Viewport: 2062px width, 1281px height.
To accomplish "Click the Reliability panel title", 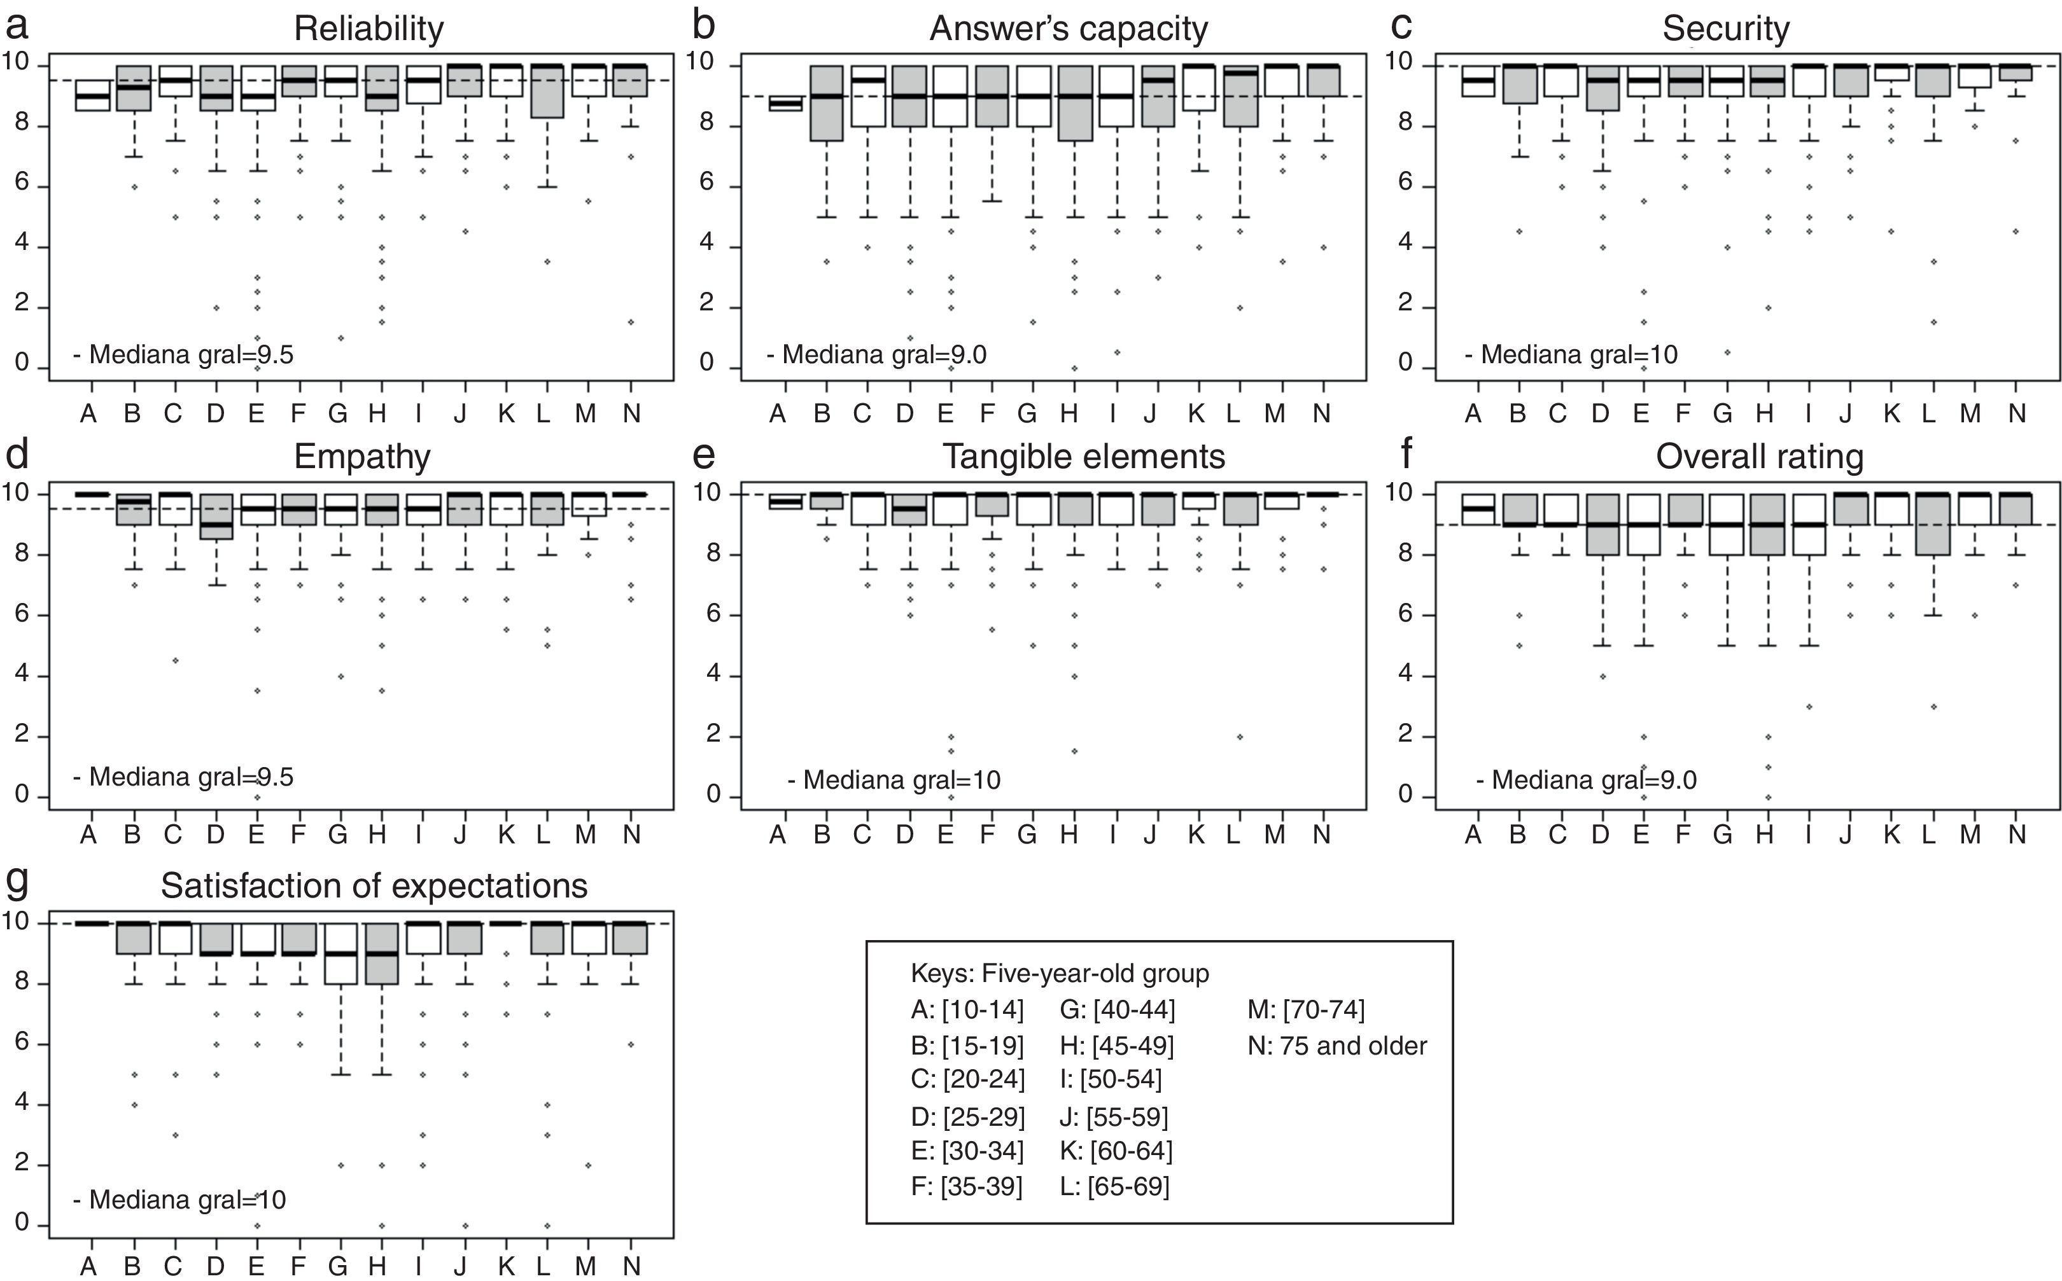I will [368, 29].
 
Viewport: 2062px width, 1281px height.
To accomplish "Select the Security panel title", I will [1725, 29].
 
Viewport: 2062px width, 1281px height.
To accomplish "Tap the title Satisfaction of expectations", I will [374, 886].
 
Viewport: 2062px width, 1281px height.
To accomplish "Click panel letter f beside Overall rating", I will [1406, 454].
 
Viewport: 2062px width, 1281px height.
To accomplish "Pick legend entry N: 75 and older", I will [1336, 1046].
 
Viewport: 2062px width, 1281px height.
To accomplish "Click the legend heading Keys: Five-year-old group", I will [1060, 973].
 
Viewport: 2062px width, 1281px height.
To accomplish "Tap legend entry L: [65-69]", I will [1114, 1186].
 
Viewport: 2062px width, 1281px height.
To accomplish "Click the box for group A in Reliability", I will [92, 96].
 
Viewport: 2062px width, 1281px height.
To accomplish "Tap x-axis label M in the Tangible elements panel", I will [1275, 835].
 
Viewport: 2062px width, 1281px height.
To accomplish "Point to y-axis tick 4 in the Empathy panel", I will [21, 676].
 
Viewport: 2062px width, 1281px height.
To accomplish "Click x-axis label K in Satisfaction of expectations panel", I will [506, 1266].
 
